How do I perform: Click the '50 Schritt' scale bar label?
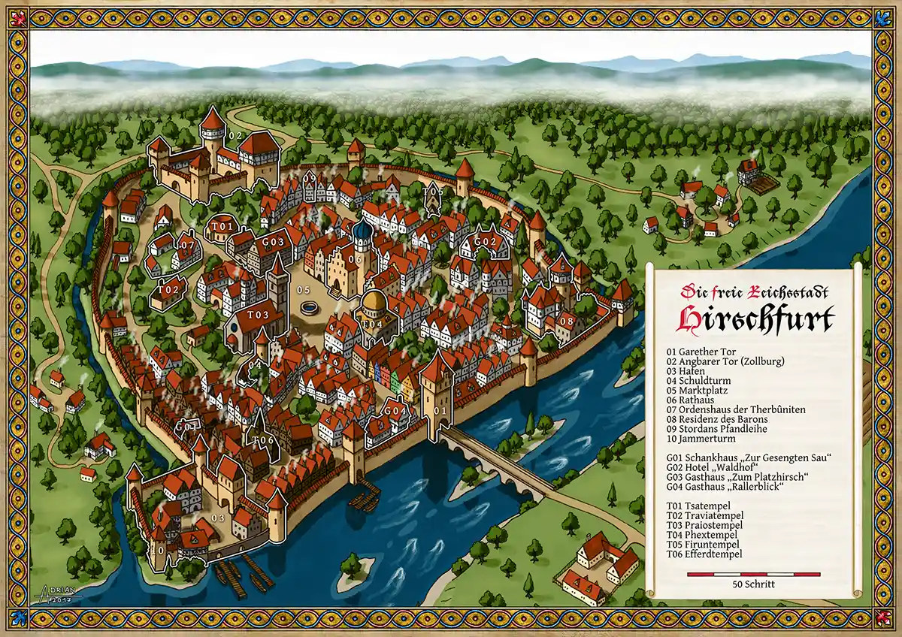click(x=754, y=584)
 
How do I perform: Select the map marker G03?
click(x=273, y=242)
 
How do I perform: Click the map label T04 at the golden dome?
click(x=373, y=324)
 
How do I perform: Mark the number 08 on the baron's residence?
click(x=567, y=322)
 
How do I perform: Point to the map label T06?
click(x=262, y=439)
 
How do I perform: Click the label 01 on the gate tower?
click(x=440, y=411)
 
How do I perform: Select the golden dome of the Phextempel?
click(x=374, y=304)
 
